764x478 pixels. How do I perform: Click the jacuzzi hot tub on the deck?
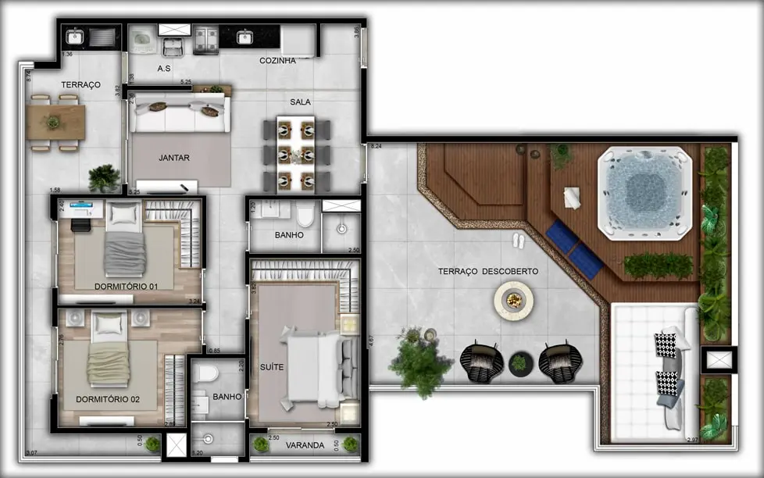click(645, 191)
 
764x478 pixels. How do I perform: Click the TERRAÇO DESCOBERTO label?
click(487, 271)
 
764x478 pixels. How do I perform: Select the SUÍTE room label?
click(272, 366)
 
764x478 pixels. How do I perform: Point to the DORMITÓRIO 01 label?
click(126, 287)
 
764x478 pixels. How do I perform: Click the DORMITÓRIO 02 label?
click(107, 399)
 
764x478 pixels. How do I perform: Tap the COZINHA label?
click(277, 60)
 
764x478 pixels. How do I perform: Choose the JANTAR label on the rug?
click(174, 158)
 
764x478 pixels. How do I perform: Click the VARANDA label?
click(305, 445)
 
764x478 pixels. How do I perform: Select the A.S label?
click(164, 69)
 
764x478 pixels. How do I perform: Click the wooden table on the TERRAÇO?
click(55, 123)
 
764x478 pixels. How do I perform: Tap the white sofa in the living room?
click(180, 115)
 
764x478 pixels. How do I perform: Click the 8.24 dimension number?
click(376, 146)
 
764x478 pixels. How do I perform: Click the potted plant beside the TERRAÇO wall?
click(104, 178)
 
